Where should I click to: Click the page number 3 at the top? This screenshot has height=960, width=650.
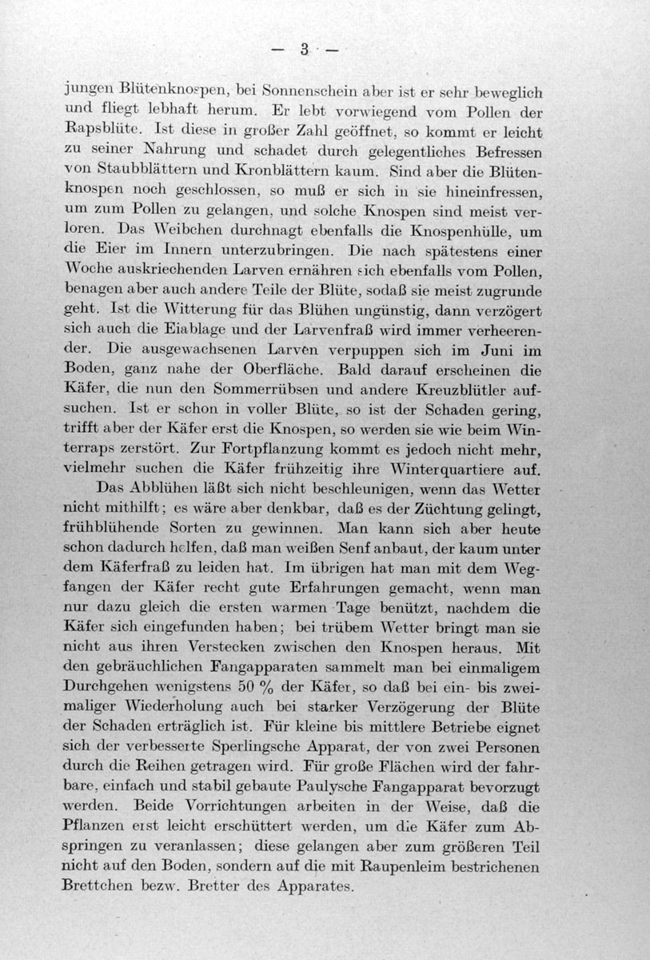(x=305, y=49)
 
